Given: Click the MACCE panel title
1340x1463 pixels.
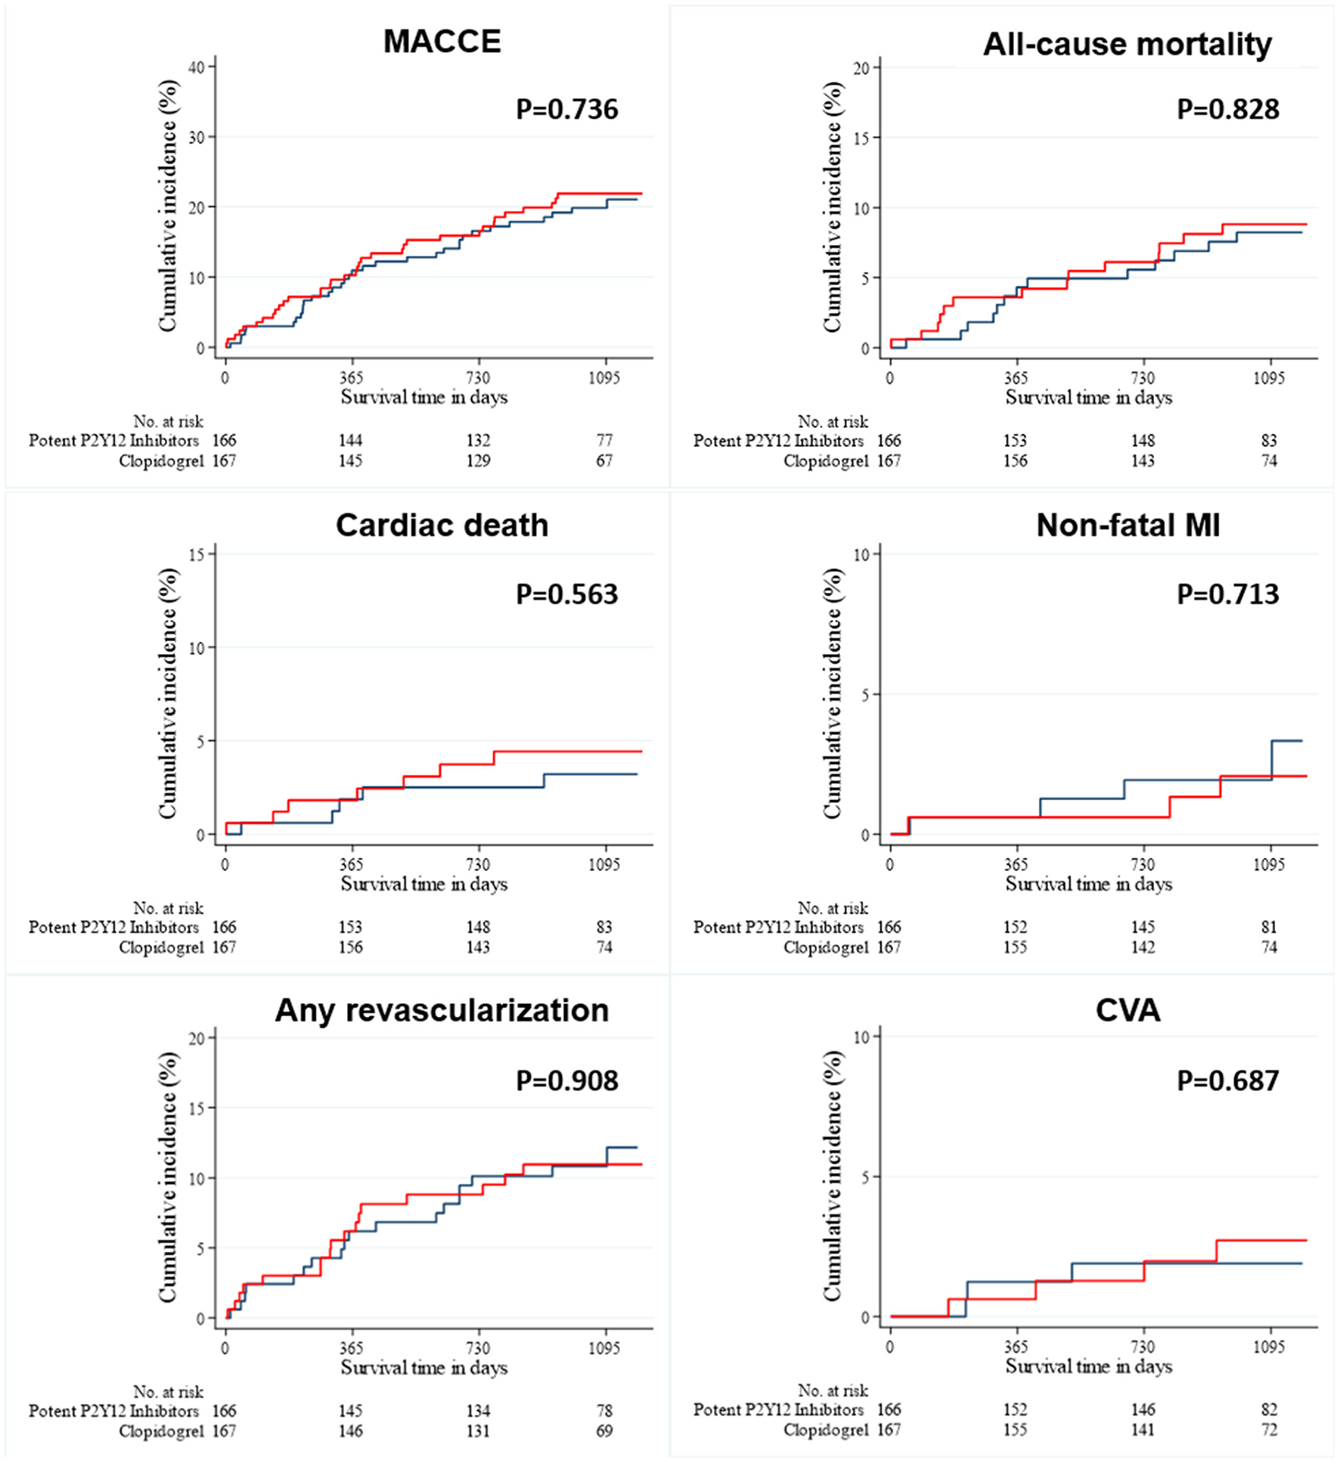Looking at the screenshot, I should click(x=442, y=42).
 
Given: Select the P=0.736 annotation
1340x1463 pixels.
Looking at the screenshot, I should click(x=566, y=110).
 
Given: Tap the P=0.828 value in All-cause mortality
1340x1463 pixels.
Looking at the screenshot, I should click(x=1227, y=110).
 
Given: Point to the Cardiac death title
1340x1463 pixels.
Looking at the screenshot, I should click(x=442, y=525).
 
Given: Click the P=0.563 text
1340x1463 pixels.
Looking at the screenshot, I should click(x=566, y=594).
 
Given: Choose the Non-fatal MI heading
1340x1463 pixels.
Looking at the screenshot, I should click(x=1128, y=525).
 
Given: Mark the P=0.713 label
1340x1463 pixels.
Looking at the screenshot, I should click(x=1227, y=594).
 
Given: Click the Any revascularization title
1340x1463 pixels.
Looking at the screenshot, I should click(x=442, y=1011).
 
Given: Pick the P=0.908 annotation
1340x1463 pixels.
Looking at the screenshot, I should click(x=566, y=1080).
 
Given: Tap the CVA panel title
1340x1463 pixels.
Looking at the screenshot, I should click(x=1128, y=1011).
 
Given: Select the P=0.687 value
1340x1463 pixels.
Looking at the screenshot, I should click(x=1227, y=1080).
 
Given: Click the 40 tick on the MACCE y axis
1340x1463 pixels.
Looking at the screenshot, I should click(x=197, y=67).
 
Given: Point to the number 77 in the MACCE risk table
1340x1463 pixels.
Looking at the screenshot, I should click(x=603, y=440).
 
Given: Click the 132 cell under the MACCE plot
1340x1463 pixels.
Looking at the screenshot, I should click(x=477, y=440).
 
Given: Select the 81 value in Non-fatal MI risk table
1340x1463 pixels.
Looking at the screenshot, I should click(x=1268, y=927).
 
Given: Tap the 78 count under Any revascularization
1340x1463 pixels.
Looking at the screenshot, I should click(x=603, y=1411).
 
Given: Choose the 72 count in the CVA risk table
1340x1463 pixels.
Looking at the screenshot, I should click(x=1268, y=1430).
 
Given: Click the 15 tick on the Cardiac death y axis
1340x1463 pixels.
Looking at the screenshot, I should click(x=197, y=554).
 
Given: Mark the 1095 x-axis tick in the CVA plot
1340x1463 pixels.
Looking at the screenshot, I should click(x=1268, y=1347).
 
